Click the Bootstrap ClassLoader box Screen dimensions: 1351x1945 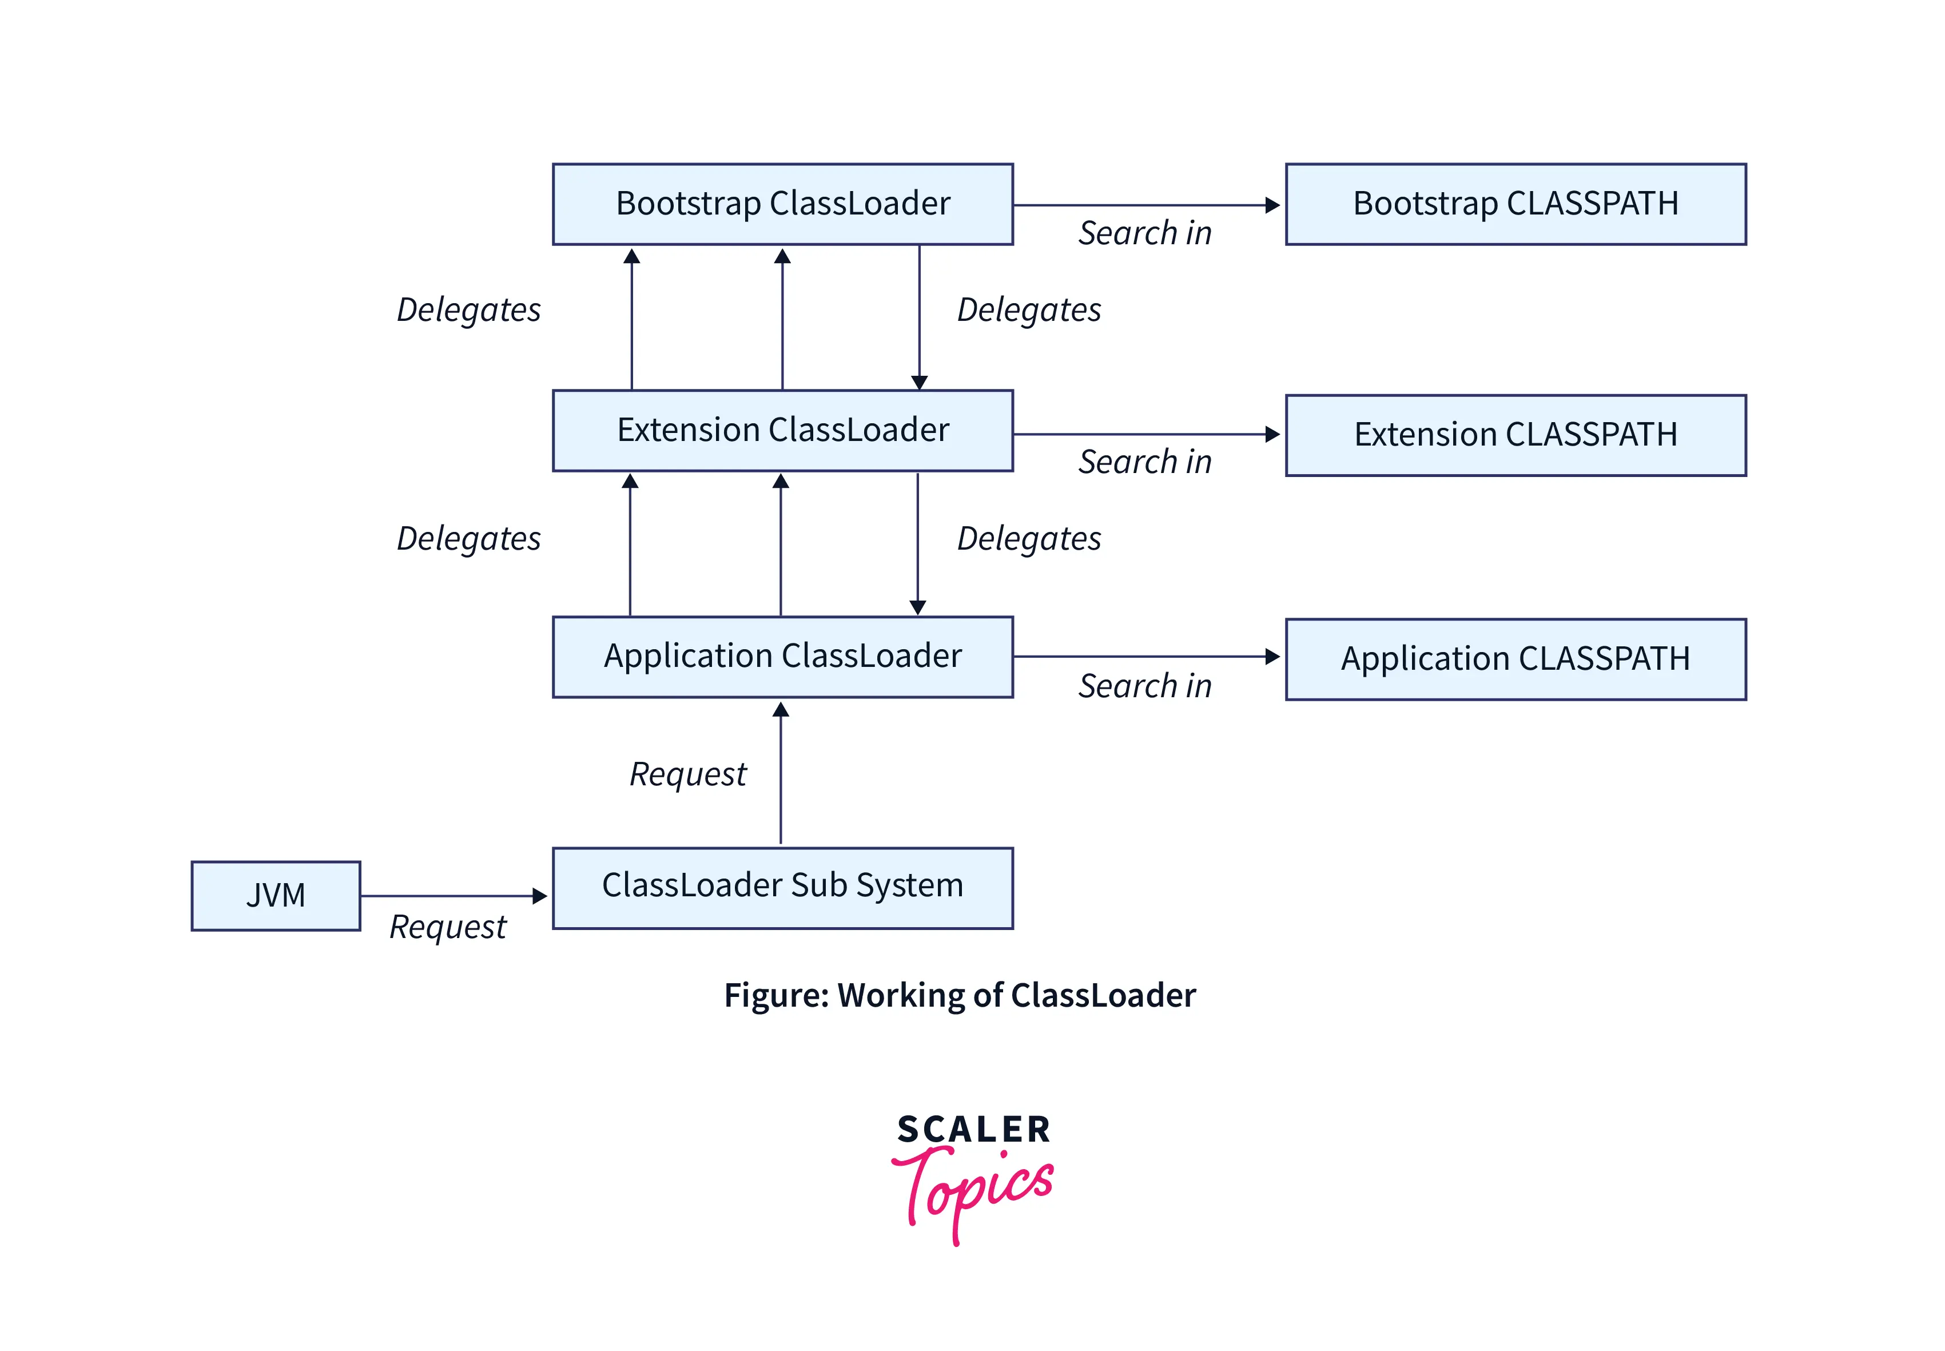click(x=782, y=204)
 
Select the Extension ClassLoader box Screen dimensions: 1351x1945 click(x=782, y=430)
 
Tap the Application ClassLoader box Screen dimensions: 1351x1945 click(x=782, y=656)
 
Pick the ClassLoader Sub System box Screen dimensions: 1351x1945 click(x=782, y=887)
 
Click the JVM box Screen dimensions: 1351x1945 click(x=275, y=896)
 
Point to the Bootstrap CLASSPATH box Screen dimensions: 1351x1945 click(x=1515, y=204)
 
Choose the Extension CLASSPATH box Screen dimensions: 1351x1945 click(x=1515, y=435)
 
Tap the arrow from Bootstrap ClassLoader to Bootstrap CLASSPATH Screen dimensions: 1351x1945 click(x=1147, y=205)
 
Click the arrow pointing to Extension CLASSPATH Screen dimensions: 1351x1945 click(x=1147, y=434)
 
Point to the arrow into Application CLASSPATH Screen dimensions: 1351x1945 click(x=1147, y=656)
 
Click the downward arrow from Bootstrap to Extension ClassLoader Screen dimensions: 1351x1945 click(x=919, y=317)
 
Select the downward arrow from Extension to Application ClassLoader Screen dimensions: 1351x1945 click(x=917, y=543)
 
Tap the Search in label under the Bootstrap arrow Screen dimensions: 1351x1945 click(x=1144, y=233)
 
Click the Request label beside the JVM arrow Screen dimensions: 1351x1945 click(x=448, y=927)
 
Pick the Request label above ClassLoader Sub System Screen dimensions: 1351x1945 click(x=688, y=774)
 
